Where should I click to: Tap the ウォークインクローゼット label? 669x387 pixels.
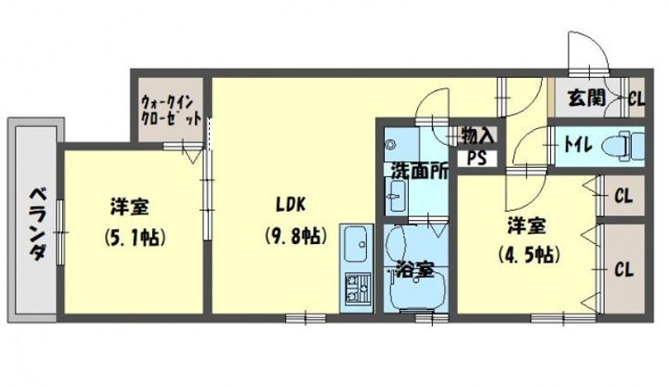coord(171,111)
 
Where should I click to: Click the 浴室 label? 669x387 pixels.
coord(413,270)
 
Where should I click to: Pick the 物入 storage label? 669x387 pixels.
coord(479,135)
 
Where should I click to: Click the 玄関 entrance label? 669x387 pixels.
coord(584,95)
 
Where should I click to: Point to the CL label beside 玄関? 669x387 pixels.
coord(636,95)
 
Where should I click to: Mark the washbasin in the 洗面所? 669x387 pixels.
coord(398,195)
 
